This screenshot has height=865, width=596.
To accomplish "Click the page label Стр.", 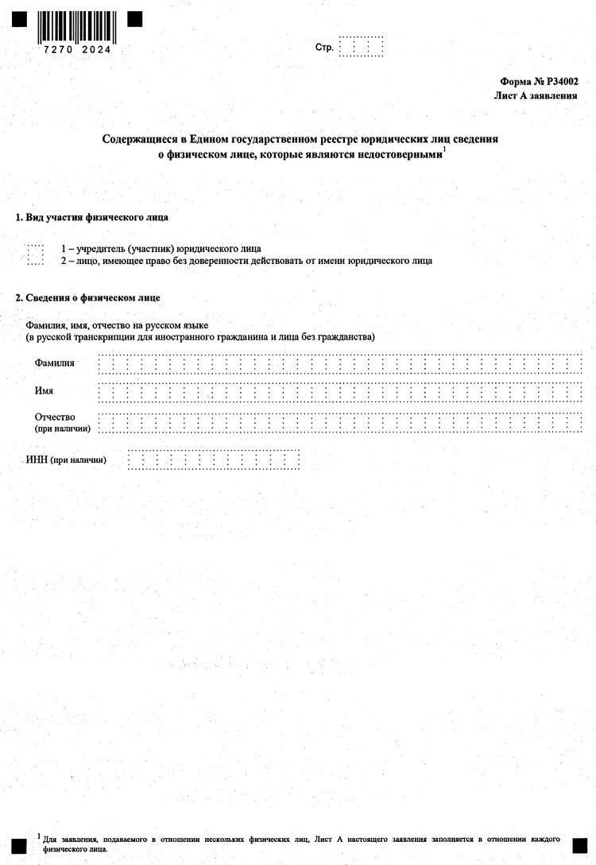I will [323, 48].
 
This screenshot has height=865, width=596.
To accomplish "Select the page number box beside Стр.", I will [361, 47].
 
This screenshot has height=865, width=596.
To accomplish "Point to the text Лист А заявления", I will [536, 95].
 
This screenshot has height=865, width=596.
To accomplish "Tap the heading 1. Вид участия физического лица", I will [92, 217].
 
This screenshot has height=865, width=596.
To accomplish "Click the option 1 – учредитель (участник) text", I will [161, 249].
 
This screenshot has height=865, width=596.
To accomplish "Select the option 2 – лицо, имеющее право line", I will [246, 261].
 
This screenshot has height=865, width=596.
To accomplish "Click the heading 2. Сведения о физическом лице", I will [88, 297].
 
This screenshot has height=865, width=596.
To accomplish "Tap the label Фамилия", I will [55, 363].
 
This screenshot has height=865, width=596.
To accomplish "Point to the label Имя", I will [45, 391].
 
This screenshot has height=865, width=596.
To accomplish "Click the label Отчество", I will [55, 417].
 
